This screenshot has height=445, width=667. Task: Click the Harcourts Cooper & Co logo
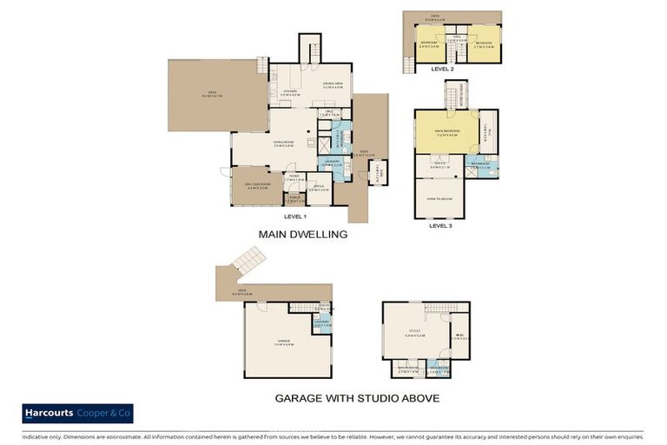click(x=77, y=413)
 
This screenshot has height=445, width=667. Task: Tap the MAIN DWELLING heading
click(x=303, y=234)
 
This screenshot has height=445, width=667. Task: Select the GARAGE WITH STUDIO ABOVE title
click(x=357, y=398)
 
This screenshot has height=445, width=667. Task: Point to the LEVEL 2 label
click(x=442, y=68)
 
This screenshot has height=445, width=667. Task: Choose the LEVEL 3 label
click(x=441, y=225)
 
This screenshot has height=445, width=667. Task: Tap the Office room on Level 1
click(x=319, y=189)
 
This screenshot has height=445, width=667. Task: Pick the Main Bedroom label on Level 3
click(x=446, y=133)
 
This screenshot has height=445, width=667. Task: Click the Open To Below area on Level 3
click(x=440, y=198)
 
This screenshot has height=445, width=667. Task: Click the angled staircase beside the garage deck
click(x=246, y=260)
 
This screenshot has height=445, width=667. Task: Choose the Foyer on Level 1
click(x=294, y=180)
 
